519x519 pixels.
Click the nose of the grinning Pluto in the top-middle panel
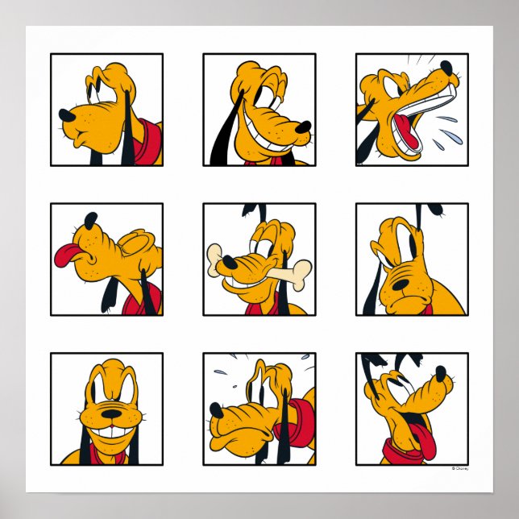coord(303,127)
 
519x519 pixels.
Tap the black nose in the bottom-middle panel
coord(216,410)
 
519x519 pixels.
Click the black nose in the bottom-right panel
coord(440,375)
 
